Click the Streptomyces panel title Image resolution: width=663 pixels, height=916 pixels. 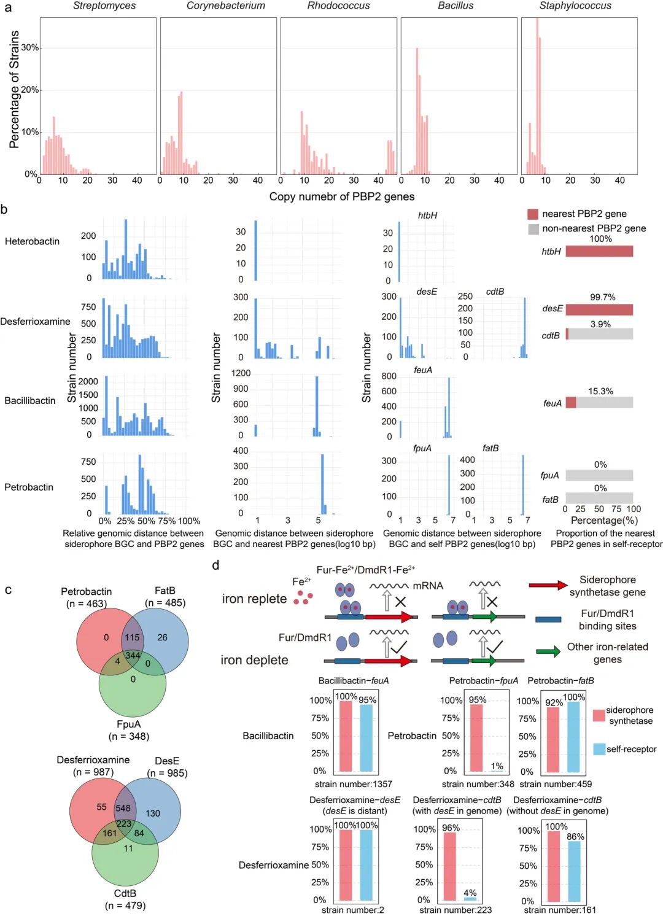104,6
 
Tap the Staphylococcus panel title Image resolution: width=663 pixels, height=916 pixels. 575,6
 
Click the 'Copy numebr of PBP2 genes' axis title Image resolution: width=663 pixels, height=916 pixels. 342,196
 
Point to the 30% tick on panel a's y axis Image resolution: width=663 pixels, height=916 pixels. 30,47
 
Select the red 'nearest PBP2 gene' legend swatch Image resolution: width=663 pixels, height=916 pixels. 533,214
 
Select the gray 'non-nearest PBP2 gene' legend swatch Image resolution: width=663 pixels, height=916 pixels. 533,229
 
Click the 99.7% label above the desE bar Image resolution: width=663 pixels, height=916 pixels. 602,297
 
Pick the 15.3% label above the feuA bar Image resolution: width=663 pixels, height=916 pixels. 600,391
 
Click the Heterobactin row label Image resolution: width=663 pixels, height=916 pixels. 32,241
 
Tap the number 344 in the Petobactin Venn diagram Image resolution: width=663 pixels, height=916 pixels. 133,656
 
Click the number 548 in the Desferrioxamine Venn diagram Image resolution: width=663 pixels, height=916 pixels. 123,809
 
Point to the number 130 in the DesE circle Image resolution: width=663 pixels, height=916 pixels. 153,813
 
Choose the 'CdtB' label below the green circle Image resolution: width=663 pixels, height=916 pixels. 125,893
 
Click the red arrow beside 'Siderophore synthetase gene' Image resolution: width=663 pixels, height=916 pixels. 548,586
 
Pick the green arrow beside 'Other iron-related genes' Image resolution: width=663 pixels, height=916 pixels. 548,651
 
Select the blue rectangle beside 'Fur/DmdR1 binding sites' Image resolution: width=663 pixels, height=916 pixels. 548,619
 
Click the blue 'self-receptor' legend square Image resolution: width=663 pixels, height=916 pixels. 599,749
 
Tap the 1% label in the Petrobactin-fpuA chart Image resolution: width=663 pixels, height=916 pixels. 497,766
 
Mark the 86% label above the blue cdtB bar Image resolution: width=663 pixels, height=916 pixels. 575,837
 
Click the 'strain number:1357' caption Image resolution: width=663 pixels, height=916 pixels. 354,784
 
